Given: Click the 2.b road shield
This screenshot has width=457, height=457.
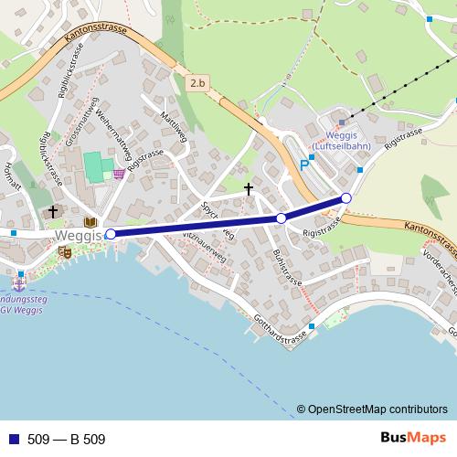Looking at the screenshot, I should coord(198,83).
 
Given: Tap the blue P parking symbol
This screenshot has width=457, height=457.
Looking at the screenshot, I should coord(304,166).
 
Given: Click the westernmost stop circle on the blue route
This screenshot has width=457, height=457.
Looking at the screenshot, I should coord(112,234).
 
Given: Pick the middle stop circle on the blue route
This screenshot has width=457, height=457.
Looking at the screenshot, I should coord(282,218).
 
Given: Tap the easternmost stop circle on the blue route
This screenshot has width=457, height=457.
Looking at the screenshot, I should coord(346,198).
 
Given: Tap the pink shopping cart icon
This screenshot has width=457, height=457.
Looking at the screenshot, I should coord(120,174).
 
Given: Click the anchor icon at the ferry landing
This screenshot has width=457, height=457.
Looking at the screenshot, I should coord(17,282).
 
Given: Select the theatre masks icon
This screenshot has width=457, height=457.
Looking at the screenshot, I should coord(65,252).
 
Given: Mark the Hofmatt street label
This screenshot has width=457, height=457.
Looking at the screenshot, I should coord(12,175).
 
